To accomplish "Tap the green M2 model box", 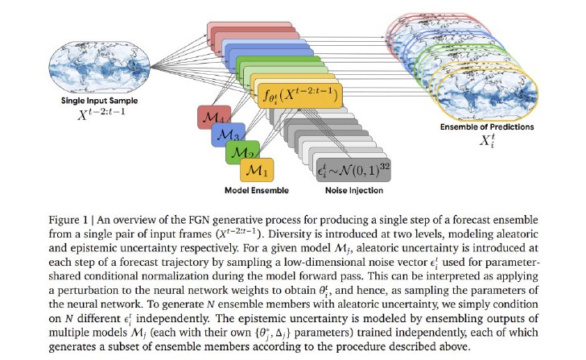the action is tap(241, 151).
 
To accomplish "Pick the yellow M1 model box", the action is tap(257, 170).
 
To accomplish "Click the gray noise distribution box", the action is tap(353, 170).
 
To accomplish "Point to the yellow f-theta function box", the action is tap(300, 96).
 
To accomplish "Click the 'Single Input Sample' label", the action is tap(100, 101).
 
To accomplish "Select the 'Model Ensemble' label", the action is tap(257, 190).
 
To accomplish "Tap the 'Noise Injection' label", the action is tap(354, 190).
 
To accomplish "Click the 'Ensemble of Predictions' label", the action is tap(487, 126).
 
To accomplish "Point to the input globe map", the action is tap(100, 68).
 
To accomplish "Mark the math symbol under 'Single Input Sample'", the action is tap(101, 114).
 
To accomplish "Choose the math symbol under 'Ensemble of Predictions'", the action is tap(487, 141).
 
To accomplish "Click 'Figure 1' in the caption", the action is tap(68, 220).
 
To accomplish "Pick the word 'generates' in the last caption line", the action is tap(72, 347).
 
